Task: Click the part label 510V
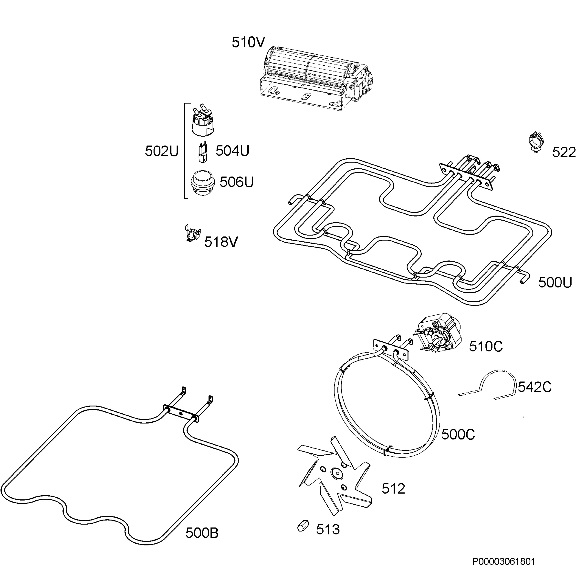tap(248, 42)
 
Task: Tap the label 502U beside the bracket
tap(161, 151)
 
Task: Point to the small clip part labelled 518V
tap(192, 233)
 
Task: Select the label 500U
tap(555, 282)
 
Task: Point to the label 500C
tap(458, 434)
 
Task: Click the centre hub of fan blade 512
tap(336, 473)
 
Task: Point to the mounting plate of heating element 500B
tap(181, 414)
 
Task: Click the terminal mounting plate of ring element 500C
tap(391, 350)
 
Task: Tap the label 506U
tap(237, 182)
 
